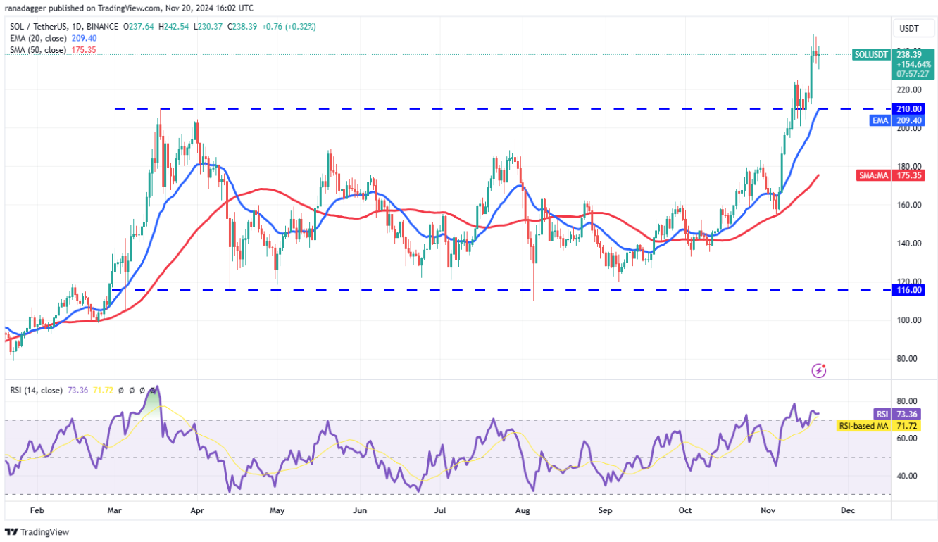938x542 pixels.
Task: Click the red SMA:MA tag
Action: point(873,175)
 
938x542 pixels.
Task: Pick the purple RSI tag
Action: point(882,414)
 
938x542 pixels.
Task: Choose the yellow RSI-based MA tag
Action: point(863,426)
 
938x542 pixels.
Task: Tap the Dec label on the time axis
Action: point(848,510)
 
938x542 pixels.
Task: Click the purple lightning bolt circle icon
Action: point(818,370)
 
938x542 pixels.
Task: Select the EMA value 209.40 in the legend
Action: point(84,38)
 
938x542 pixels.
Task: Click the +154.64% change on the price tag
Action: point(913,63)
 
